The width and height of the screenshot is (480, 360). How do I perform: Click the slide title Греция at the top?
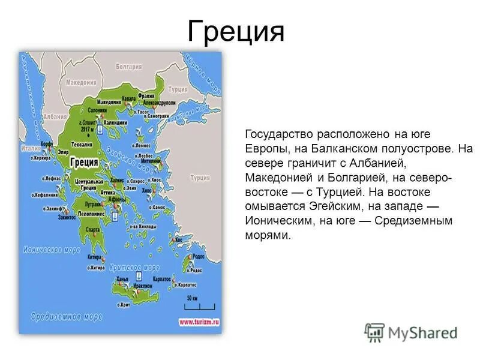235,31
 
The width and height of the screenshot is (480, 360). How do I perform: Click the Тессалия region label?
82,145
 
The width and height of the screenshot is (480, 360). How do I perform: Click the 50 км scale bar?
191,302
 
